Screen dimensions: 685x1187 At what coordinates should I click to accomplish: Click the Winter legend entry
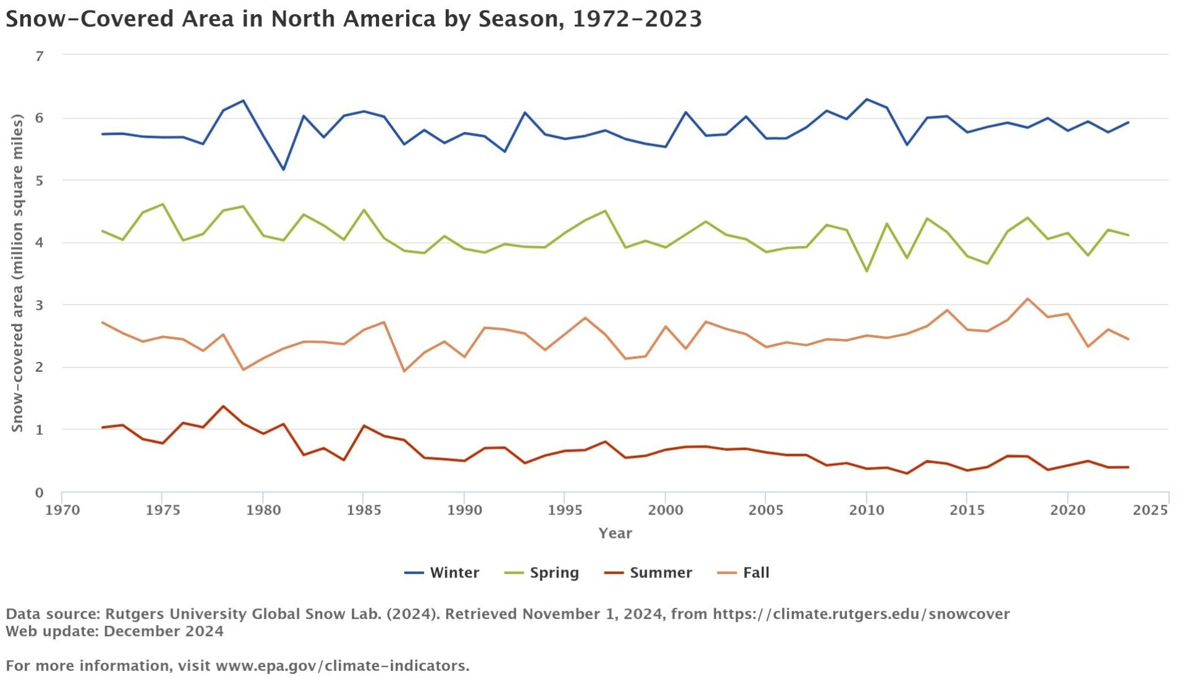pyautogui.click(x=442, y=573)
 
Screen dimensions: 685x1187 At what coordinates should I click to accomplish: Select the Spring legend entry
pyautogui.click(x=542, y=573)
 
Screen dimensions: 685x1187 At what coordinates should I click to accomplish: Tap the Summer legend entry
pyautogui.click(x=649, y=573)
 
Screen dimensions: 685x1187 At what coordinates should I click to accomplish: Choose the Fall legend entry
pyautogui.click(x=744, y=573)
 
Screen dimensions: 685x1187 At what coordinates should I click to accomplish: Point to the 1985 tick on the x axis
pyautogui.click(x=364, y=510)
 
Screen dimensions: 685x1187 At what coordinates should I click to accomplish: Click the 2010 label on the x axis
pyautogui.click(x=866, y=510)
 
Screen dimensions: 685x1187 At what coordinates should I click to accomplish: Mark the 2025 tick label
pyautogui.click(x=1151, y=510)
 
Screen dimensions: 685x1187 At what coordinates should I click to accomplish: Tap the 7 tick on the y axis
pyautogui.click(x=40, y=56)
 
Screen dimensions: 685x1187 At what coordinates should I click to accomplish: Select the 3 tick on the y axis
pyautogui.click(x=40, y=305)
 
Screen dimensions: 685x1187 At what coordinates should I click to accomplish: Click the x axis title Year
pyautogui.click(x=615, y=533)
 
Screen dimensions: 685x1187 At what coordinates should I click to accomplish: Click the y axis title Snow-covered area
pyautogui.click(x=17, y=273)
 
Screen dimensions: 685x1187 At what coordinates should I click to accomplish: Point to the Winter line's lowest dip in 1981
pyautogui.click(x=284, y=169)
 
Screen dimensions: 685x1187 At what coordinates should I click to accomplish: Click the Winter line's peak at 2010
pyautogui.click(x=866, y=99)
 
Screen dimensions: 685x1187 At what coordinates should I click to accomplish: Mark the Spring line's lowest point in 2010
pyautogui.click(x=866, y=271)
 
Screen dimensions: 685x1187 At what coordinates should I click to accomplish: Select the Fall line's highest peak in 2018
pyautogui.click(x=1027, y=299)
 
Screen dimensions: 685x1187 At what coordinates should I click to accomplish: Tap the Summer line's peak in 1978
pyautogui.click(x=223, y=406)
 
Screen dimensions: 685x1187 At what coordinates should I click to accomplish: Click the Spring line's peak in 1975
pyautogui.click(x=163, y=204)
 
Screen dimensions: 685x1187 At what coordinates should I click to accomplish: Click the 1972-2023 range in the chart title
pyautogui.click(x=637, y=19)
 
